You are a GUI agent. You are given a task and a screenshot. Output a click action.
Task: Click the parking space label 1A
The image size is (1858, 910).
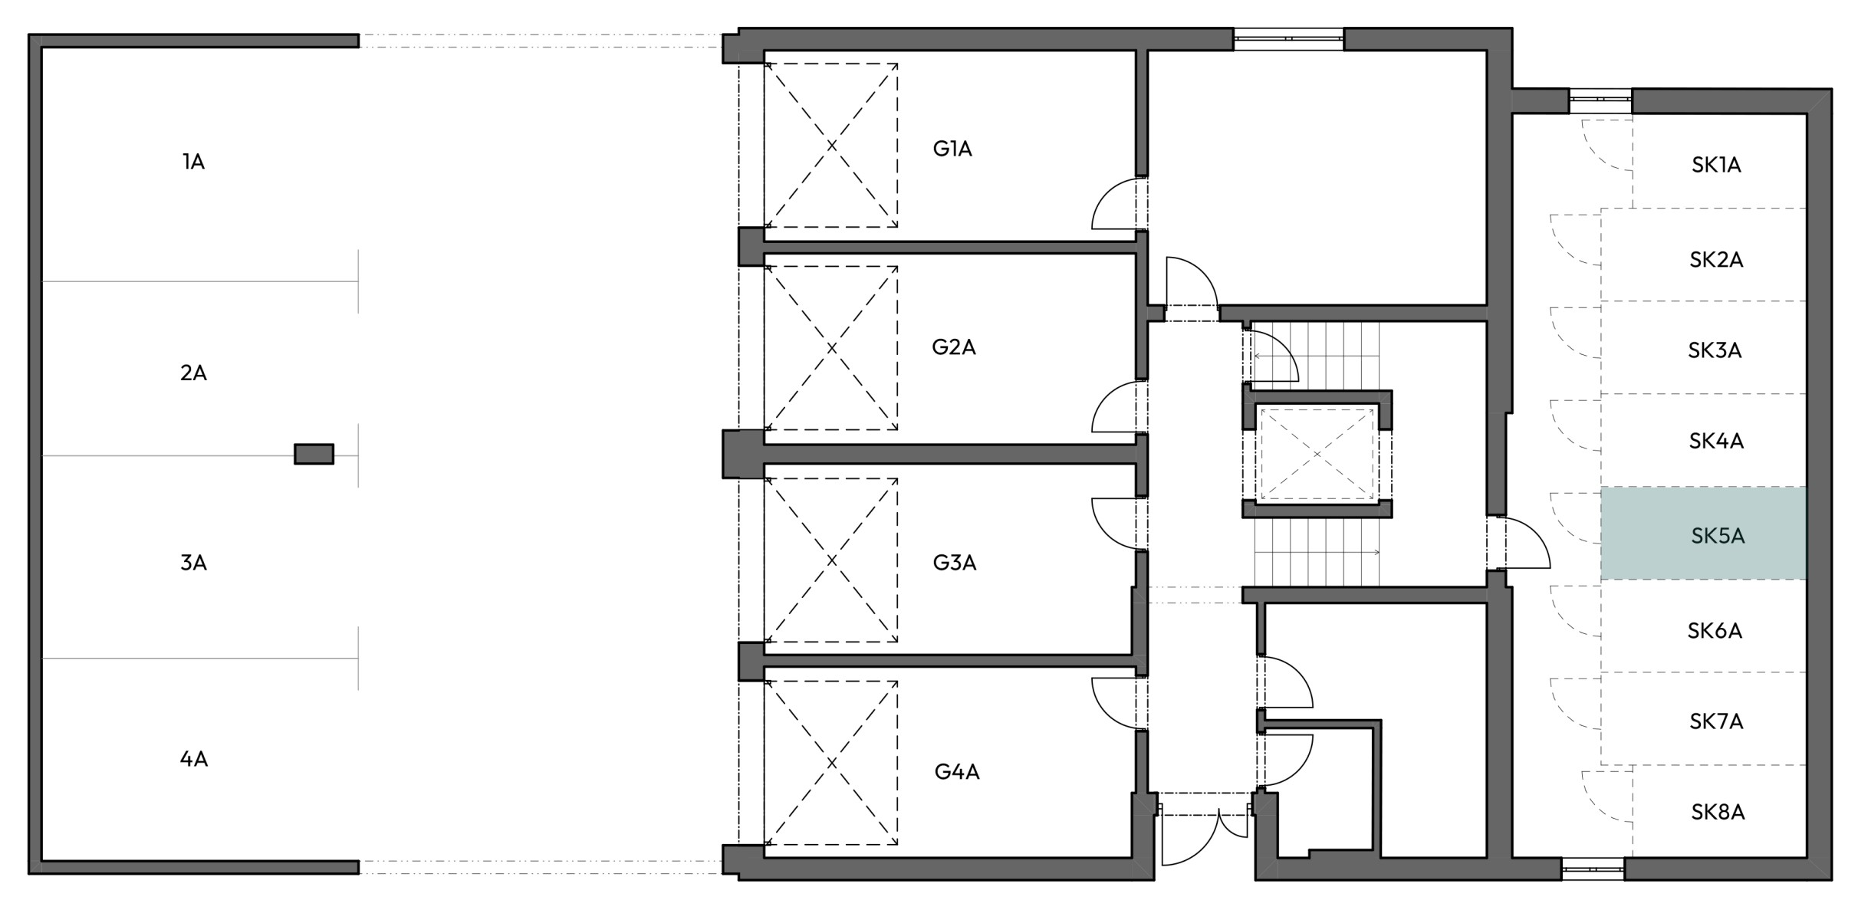[193, 162]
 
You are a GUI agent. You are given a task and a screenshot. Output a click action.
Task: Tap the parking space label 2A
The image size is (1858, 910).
[193, 373]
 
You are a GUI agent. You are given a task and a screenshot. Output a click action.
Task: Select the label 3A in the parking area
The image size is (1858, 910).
[193, 563]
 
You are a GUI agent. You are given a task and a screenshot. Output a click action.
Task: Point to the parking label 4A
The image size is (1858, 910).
[193, 759]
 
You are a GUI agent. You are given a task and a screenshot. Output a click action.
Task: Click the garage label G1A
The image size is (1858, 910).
[952, 149]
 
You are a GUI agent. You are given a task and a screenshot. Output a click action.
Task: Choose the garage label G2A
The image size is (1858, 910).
[954, 347]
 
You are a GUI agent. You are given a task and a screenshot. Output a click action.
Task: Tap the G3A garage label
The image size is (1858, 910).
[955, 563]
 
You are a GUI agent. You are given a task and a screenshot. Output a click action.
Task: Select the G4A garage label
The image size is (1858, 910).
[957, 771]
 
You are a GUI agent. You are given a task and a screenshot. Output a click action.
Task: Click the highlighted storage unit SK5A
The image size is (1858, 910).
[1703, 534]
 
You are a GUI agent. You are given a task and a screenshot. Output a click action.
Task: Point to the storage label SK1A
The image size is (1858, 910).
[1716, 165]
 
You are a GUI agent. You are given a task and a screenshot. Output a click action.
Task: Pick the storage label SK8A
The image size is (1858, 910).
[1718, 812]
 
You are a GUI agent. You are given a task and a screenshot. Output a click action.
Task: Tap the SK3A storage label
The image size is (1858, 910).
[1715, 350]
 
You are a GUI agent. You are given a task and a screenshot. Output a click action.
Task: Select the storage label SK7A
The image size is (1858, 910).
[1716, 721]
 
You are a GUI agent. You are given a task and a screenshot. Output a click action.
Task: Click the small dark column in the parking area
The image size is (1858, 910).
[314, 454]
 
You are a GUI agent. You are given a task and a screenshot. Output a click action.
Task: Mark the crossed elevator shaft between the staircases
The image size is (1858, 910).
[1317, 454]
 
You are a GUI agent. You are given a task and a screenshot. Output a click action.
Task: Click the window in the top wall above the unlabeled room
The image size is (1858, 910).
[1288, 38]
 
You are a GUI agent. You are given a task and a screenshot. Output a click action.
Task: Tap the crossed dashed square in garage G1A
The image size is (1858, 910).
[831, 145]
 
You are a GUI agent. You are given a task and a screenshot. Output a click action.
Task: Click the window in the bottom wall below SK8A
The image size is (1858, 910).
[1593, 869]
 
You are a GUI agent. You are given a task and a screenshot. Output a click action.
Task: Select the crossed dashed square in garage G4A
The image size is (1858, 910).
[831, 763]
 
